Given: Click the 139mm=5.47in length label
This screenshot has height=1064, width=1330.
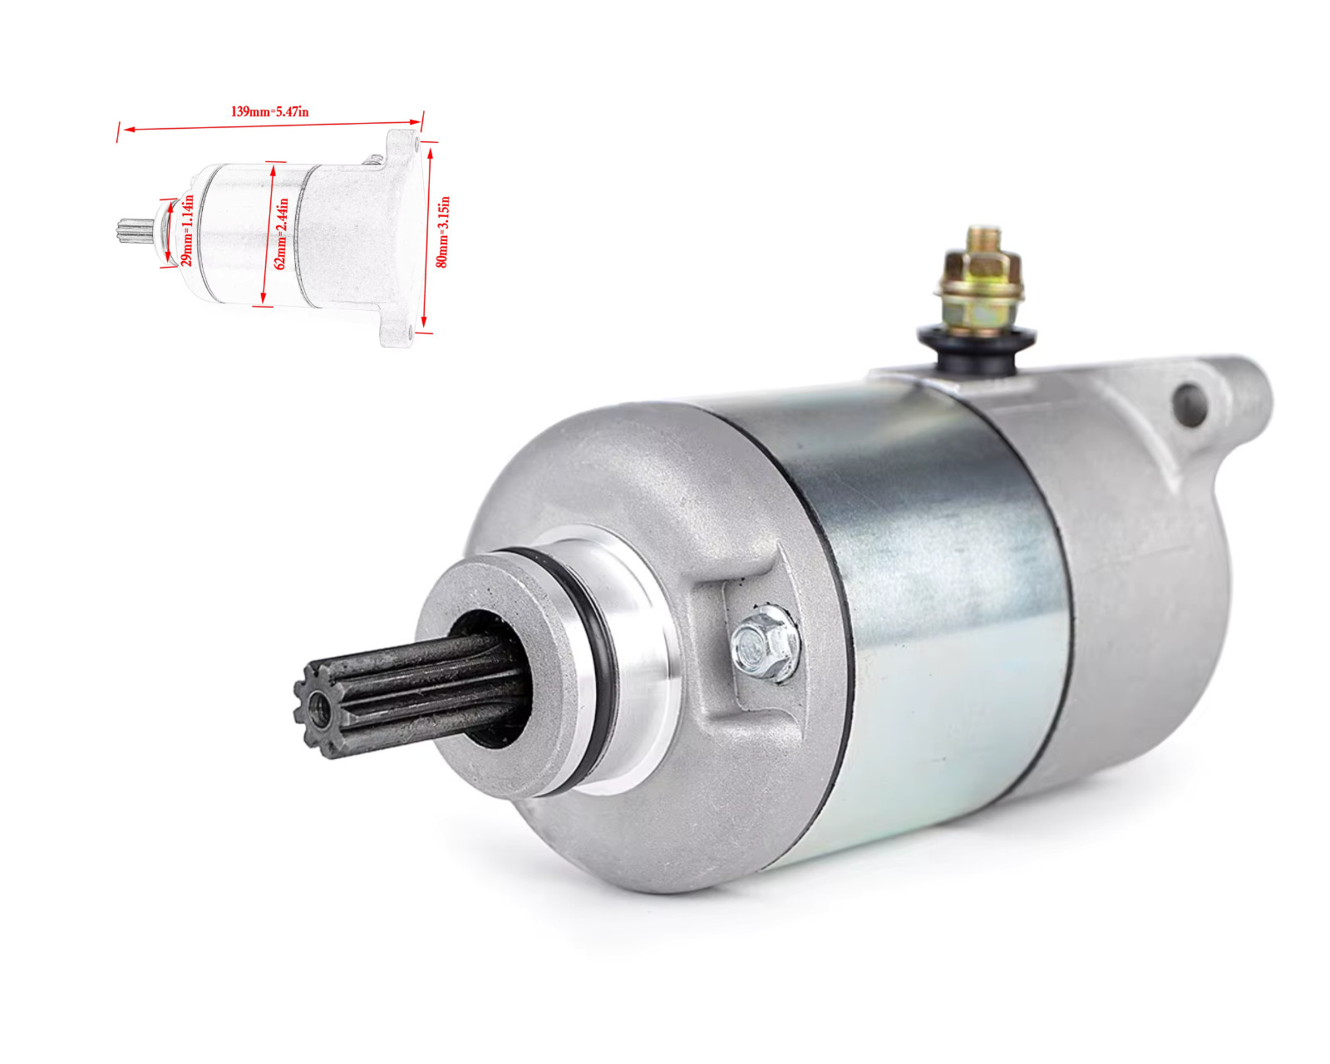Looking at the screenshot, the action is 269,112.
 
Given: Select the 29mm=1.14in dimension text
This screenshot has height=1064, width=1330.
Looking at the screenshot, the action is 187,230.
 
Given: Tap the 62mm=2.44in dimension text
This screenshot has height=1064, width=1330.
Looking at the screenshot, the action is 281,234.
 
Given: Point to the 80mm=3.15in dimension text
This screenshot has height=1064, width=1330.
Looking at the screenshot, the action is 442,232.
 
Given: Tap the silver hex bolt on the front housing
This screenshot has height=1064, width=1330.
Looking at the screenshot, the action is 765,643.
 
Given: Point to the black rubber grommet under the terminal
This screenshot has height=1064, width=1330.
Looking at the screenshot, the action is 977,348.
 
